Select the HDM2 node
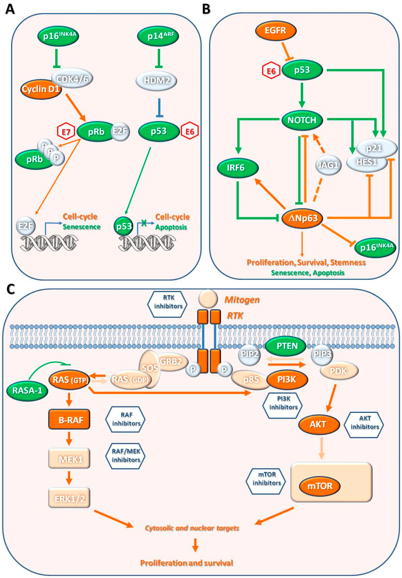(156, 80)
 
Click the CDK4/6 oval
(72, 79)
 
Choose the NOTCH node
(302, 120)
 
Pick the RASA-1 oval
(27, 390)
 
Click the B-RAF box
(69, 420)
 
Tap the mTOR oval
(319, 486)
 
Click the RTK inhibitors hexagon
(167, 304)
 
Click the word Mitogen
(242, 300)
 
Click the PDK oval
(339, 371)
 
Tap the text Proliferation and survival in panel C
(186, 563)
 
